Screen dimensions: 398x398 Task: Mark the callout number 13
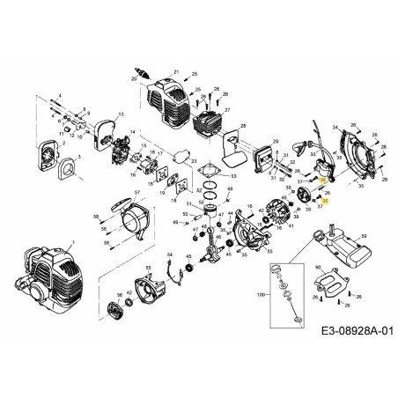click(x=121, y=114)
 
